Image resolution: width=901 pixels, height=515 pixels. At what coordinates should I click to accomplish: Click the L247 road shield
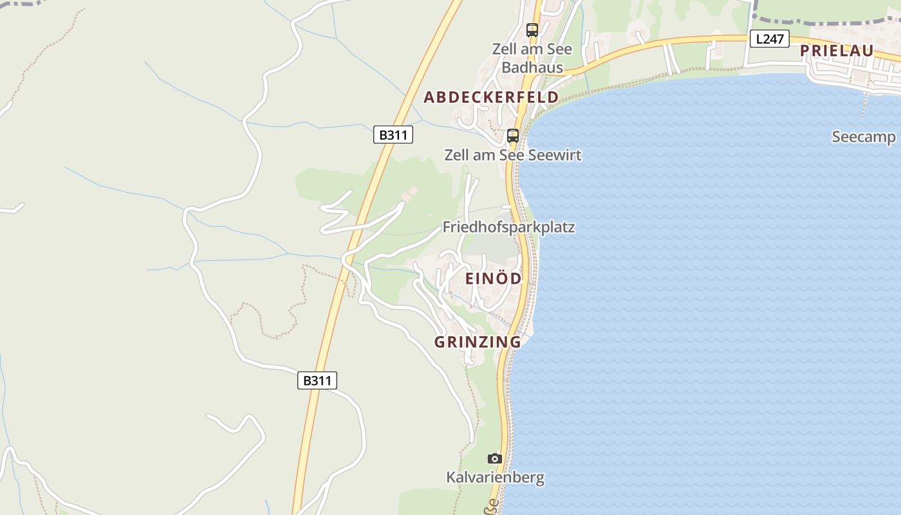click(x=769, y=39)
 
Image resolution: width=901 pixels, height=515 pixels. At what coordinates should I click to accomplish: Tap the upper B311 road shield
click(x=393, y=135)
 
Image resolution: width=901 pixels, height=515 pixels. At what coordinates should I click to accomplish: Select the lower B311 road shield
click(x=317, y=380)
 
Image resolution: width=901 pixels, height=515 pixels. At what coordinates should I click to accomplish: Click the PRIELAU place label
click(x=837, y=51)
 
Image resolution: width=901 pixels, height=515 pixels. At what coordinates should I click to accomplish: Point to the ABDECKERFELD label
click(x=491, y=97)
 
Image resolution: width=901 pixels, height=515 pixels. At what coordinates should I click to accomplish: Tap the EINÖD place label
click(x=494, y=278)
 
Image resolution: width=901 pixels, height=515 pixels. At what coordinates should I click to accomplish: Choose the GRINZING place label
click(x=478, y=342)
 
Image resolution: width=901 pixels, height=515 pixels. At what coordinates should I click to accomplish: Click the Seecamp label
click(x=864, y=136)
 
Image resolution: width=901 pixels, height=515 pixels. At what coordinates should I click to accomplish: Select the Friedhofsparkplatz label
click(x=508, y=227)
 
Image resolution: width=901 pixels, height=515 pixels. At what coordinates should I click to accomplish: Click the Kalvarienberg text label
click(x=495, y=478)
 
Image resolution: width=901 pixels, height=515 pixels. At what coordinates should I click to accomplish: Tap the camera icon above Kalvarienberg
click(x=494, y=458)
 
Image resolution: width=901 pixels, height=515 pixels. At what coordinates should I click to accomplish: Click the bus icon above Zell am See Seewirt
click(x=513, y=136)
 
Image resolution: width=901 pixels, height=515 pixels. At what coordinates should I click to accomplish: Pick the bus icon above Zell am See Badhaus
click(x=532, y=30)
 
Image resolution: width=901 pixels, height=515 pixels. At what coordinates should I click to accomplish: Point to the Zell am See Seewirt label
click(x=512, y=155)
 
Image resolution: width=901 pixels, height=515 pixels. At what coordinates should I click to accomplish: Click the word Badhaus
click(x=532, y=68)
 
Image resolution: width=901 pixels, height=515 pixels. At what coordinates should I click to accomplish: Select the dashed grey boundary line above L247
click(x=824, y=21)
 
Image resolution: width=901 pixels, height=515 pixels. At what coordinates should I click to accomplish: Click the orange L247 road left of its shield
click(x=695, y=41)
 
